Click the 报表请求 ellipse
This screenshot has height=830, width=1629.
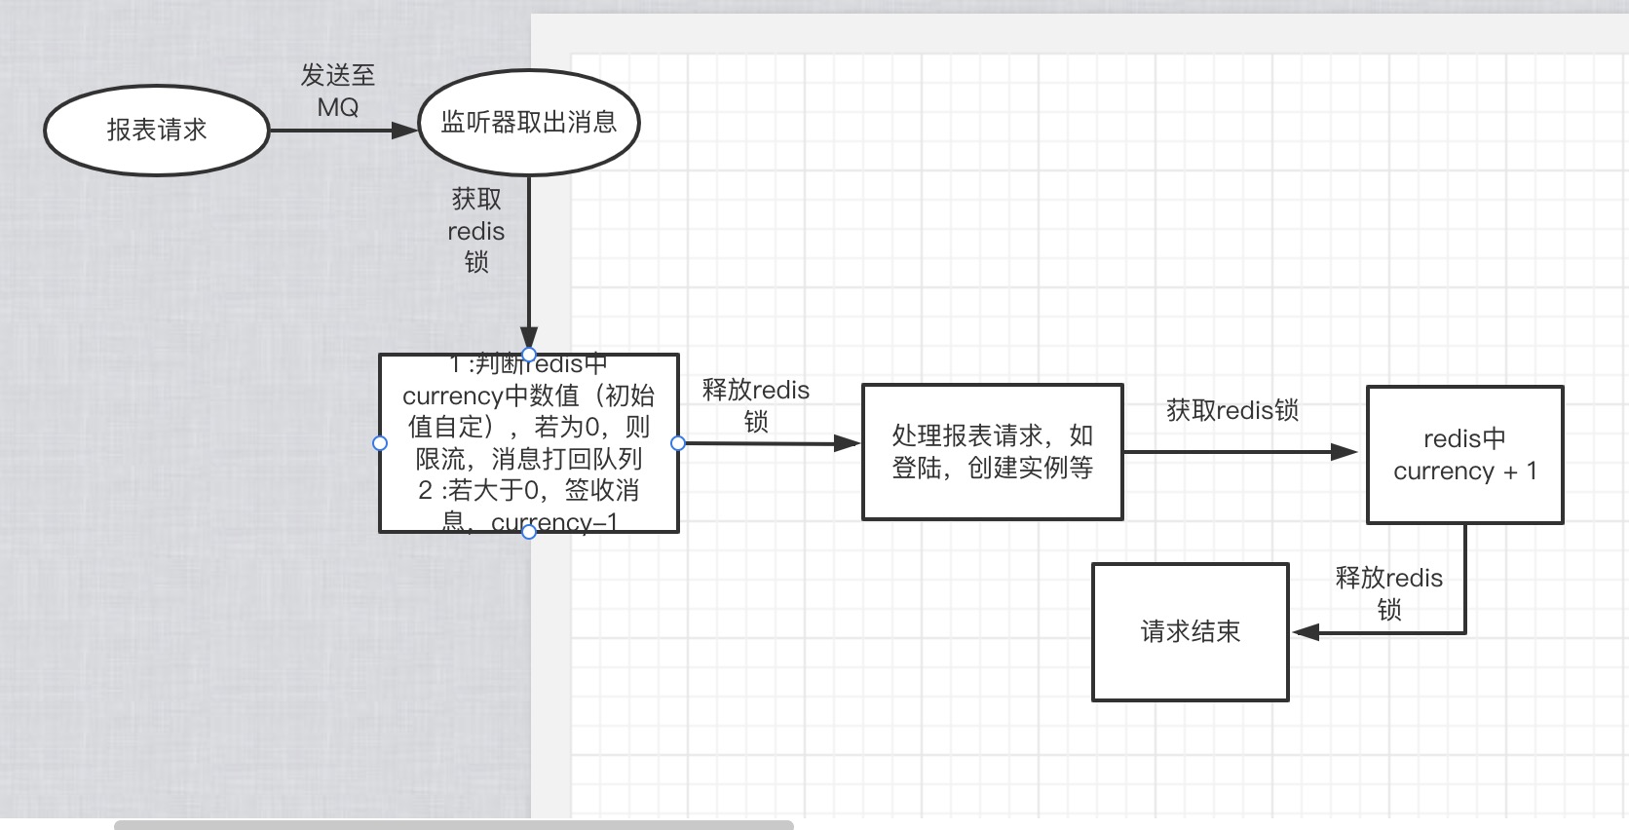157,131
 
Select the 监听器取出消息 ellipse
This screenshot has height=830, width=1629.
529,123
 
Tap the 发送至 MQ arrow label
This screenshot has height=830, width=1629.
338,91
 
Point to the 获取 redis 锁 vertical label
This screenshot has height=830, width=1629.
476,231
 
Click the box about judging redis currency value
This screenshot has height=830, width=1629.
529,443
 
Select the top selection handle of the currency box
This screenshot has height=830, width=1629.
529,354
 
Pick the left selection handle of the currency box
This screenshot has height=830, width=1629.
380,443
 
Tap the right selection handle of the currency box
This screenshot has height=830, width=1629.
678,443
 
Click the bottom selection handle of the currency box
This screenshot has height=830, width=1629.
529,532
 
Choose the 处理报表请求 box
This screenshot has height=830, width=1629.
992,452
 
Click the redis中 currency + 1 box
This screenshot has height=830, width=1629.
1464,455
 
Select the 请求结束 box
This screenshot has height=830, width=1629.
1190,632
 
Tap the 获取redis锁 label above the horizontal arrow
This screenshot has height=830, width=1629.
1232,410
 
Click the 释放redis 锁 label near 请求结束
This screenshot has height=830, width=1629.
1388,593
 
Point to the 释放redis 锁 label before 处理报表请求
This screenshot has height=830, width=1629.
756,405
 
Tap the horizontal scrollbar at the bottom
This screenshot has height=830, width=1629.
454,825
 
